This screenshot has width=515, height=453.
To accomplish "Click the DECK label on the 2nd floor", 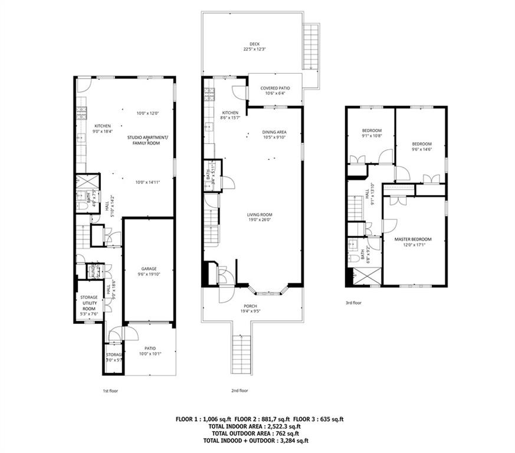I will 254,43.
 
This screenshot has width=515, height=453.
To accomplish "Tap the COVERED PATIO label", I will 275,88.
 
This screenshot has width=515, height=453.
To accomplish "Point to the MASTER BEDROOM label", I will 413,239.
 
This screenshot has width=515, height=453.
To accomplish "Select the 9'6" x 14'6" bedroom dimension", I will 421,149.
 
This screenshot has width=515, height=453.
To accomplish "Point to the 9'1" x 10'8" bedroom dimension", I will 372,136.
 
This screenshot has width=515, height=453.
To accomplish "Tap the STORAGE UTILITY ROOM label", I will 88,302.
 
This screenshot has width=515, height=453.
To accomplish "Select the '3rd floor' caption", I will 353,303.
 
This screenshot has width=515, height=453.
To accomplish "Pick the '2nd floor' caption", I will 240,390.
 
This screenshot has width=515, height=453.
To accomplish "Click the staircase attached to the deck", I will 311,47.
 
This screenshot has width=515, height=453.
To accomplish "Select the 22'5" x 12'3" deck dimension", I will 254,50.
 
